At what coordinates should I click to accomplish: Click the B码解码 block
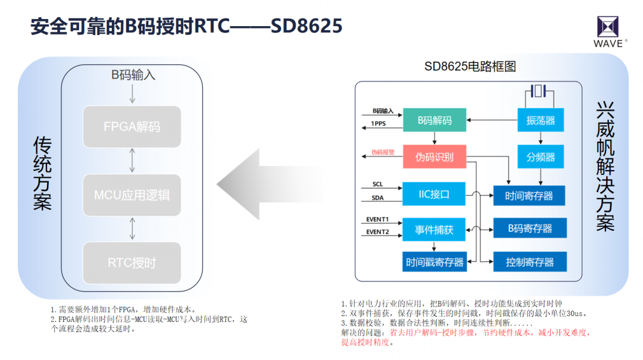434,120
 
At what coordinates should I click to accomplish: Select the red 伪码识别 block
434,157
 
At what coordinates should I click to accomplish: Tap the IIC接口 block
434,193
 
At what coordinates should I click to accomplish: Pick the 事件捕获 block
434,229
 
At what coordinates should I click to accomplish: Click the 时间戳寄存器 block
435,262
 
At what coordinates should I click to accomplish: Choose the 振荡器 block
541,120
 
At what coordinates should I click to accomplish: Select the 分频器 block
541,157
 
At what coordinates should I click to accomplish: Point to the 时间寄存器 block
529,195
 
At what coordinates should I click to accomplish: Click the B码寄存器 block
529,228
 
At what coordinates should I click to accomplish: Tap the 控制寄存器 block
529,262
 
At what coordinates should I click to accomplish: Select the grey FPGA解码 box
132,127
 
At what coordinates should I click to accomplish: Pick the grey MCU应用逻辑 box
132,195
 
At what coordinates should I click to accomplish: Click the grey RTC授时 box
132,262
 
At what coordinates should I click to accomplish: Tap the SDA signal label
377,198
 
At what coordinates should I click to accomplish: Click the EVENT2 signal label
377,232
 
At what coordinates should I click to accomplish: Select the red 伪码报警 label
383,152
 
